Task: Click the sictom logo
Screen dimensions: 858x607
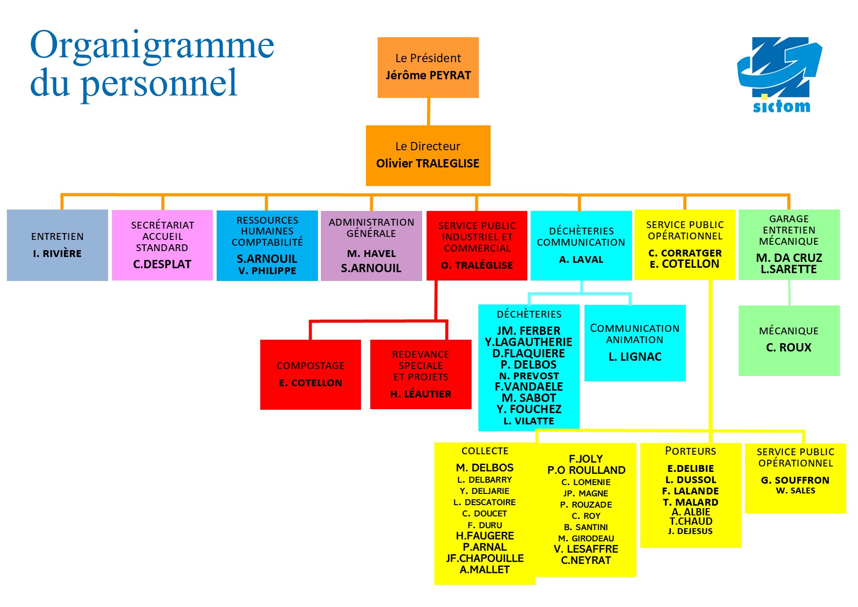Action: [x=780, y=75]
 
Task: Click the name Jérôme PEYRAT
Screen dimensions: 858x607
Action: [x=428, y=75]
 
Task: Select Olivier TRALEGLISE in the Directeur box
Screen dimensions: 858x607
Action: [x=428, y=163]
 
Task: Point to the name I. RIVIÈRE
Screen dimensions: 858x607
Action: [x=57, y=254]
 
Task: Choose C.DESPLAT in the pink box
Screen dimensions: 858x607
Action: [x=162, y=264]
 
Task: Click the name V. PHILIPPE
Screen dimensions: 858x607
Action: [x=267, y=271]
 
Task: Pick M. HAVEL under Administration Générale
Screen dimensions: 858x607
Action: [x=371, y=254]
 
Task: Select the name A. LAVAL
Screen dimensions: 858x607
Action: [x=581, y=259]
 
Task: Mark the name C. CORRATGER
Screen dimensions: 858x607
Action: [x=685, y=253]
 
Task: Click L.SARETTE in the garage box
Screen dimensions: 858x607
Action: [x=789, y=269]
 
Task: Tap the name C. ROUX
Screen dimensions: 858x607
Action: [x=789, y=348]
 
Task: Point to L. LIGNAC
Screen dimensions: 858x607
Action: [x=635, y=357]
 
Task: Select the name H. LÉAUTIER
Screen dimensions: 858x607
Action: [x=421, y=394]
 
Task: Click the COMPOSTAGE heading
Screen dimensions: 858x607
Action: [x=311, y=366]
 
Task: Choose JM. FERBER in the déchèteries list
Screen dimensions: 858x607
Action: [x=529, y=331]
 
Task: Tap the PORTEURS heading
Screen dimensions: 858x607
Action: [x=690, y=451]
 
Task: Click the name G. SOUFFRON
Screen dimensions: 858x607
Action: [x=795, y=480]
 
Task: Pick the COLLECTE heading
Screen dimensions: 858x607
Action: [x=485, y=451]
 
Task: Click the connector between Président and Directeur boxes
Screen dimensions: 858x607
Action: [x=429, y=112]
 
